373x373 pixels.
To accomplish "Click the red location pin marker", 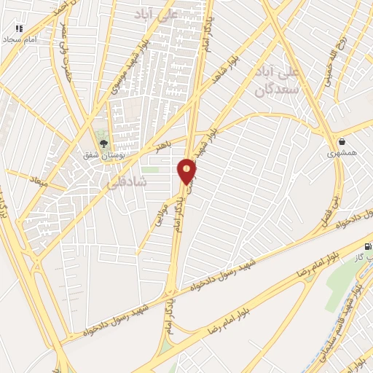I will (x=187, y=171).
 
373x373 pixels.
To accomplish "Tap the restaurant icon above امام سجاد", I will (x=19, y=28).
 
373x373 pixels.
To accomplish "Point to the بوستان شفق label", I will (x=102, y=154).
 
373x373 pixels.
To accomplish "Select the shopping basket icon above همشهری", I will (x=341, y=141).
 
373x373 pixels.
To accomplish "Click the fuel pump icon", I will (x=366, y=246).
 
